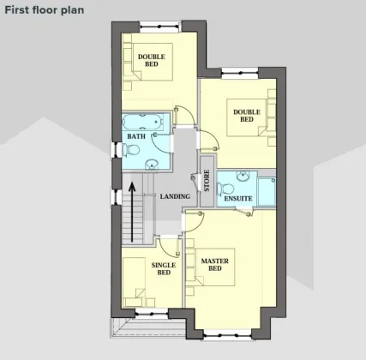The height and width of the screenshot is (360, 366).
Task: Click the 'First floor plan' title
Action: click(x=45, y=10)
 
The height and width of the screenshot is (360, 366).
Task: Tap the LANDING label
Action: click(x=175, y=196)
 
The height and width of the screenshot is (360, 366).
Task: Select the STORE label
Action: click(x=207, y=181)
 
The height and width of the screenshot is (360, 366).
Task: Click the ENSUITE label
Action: click(x=238, y=199)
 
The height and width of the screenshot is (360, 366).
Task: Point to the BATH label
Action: click(x=136, y=136)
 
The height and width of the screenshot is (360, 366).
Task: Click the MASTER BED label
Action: click(x=215, y=265)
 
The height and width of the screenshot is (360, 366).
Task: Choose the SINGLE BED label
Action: click(x=164, y=268)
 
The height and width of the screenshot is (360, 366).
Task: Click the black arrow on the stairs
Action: click(x=132, y=213)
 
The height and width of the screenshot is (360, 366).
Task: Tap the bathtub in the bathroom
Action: click(x=143, y=122)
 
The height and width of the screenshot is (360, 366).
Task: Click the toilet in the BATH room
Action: click(x=131, y=150)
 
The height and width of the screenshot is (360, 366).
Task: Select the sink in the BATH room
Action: click(x=152, y=165)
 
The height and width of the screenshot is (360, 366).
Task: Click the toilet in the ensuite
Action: click(x=225, y=189)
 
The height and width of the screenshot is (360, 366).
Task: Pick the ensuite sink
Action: click(x=243, y=176)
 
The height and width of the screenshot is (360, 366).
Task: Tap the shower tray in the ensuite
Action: click(x=267, y=191)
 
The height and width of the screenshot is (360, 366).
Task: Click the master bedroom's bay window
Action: click(x=227, y=335)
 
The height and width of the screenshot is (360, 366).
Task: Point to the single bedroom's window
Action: click(x=152, y=314)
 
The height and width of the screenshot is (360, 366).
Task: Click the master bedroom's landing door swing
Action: click(x=195, y=222)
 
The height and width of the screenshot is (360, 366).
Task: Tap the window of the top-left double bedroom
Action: click(x=160, y=27)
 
